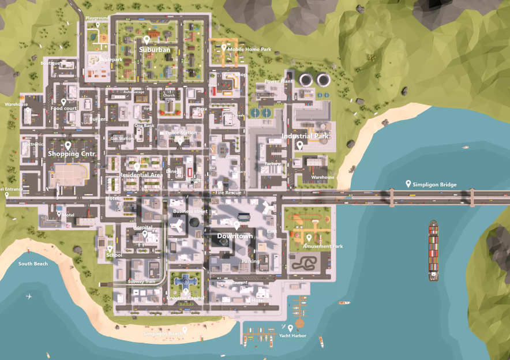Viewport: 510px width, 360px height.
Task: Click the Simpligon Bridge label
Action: (434, 185)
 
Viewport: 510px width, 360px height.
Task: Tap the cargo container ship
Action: (433, 250)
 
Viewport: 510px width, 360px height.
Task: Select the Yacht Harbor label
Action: (292, 336)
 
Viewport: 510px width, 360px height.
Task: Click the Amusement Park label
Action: (323, 246)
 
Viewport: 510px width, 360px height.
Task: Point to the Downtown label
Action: (235, 237)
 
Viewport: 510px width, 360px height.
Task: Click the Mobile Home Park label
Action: (249, 50)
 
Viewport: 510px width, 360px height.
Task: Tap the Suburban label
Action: (155, 50)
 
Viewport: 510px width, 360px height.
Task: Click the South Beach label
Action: (33, 264)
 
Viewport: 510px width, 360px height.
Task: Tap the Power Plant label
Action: (279, 81)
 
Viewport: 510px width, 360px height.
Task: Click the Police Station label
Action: (181, 133)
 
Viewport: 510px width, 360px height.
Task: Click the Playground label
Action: (97, 18)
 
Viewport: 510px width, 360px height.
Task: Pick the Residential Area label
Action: (141, 174)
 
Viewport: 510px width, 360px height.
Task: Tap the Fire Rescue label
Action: (228, 192)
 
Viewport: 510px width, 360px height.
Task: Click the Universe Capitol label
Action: (185, 298)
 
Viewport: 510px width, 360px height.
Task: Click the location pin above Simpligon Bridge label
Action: (408, 183)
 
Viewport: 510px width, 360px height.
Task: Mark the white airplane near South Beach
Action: (29, 297)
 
